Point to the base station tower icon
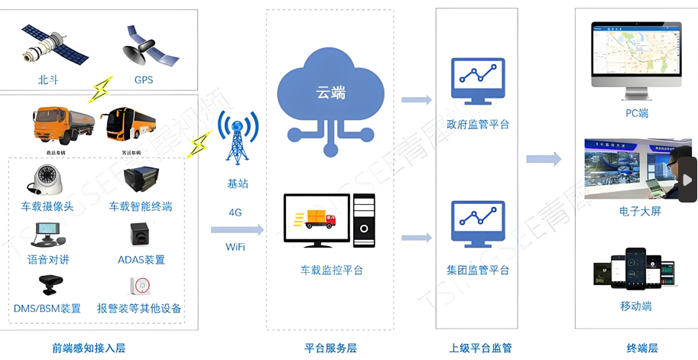click(236, 138)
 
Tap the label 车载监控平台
click(331, 271)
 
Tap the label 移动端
click(636, 306)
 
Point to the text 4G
click(235, 212)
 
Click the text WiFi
click(235, 247)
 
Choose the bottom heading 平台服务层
click(330, 349)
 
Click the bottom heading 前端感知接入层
click(89, 349)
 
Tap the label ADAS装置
click(141, 260)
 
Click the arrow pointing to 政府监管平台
click(416, 99)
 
